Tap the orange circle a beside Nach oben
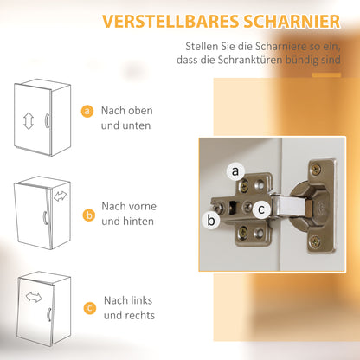pos(87,112)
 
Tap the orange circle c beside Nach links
pos(87,306)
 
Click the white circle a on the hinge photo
pos(235,172)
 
